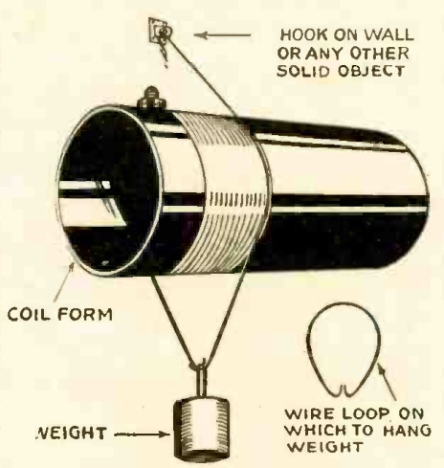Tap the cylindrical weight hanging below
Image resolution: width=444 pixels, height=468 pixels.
[x=202, y=429]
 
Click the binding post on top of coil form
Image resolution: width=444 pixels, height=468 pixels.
[x=151, y=99]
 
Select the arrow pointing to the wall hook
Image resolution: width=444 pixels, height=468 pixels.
[x=222, y=35]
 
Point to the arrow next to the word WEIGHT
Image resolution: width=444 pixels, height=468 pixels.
[x=142, y=435]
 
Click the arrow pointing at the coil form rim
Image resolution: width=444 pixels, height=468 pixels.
[x=63, y=281]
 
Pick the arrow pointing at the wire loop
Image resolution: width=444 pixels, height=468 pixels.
[x=388, y=382]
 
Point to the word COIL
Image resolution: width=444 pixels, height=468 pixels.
[x=29, y=315]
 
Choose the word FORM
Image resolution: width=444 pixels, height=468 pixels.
[x=85, y=315]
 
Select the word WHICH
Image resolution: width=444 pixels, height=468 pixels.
[x=314, y=431]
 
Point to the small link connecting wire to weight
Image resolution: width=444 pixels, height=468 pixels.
[x=202, y=379]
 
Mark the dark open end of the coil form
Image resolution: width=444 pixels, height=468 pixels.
[x=109, y=191]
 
